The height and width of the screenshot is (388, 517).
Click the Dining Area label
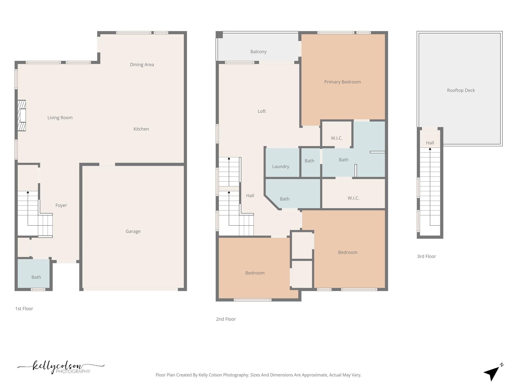pyautogui.click(x=142, y=65)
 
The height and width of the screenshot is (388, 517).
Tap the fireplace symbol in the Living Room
pyautogui.click(x=22, y=115)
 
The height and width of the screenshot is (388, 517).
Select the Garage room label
pyautogui.click(x=133, y=231)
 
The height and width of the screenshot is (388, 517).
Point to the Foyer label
pyautogui.click(x=61, y=205)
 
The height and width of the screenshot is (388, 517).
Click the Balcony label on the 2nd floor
pyautogui.click(x=258, y=52)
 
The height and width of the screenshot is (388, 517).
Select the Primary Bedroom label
pyautogui.click(x=342, y=82)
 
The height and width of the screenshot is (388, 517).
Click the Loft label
pyautogui.click(x=262, y=111)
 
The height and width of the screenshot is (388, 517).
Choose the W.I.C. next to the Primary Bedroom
pyautogui.click(x=337, y=136)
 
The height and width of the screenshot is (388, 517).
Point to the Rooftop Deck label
pyautogui.click(x=461, y=90)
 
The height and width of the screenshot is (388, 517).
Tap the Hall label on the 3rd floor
pyautogui.click(x=430, y=143)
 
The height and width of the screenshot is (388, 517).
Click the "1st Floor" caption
pyautogui.click(x=24, y=309)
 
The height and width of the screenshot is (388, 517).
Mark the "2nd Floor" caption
pyautogui.click(x=226, y=319)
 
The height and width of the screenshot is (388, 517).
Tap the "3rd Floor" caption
pyautogui.click(x=426, y=256)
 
